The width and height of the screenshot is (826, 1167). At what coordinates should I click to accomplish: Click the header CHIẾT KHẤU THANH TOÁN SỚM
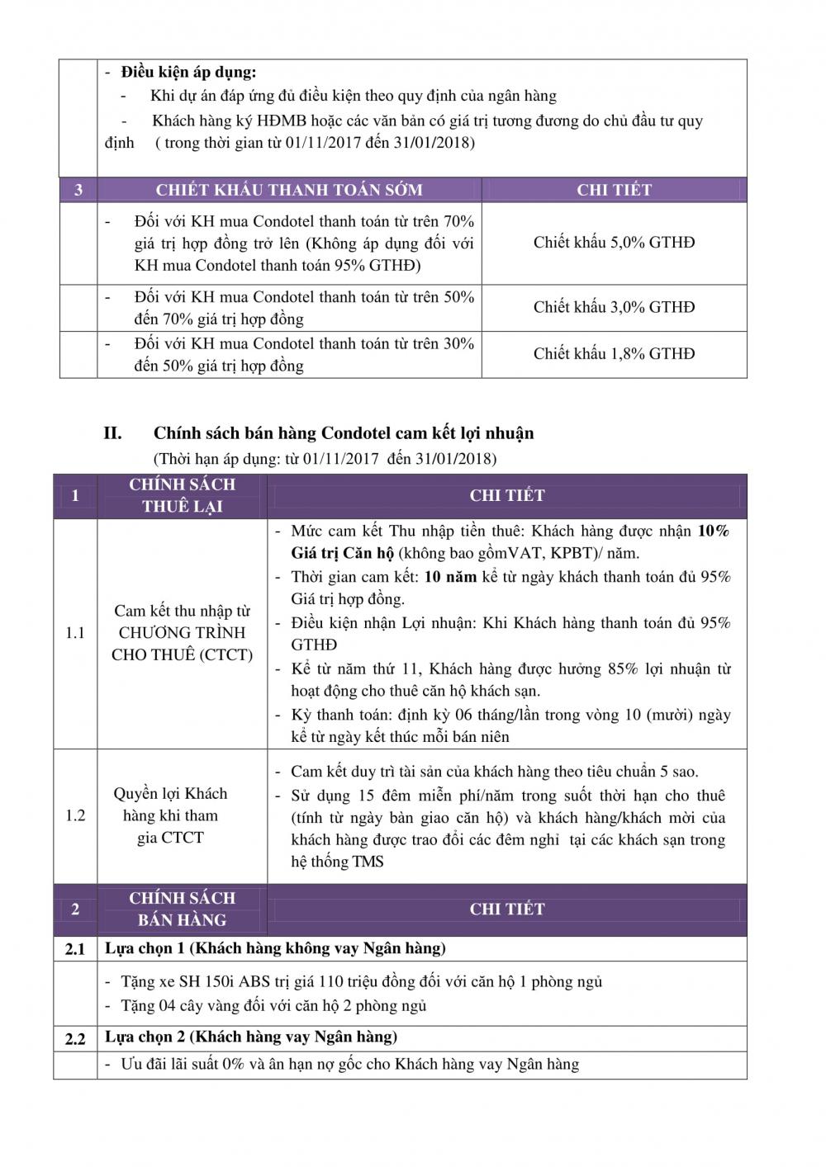(289, 190)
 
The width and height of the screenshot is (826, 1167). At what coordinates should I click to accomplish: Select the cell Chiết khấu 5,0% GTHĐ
(614, 243)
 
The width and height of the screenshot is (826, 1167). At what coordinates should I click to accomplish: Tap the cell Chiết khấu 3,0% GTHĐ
(614, 307)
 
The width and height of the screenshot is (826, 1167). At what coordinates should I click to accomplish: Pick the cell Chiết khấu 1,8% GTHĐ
(614, 354)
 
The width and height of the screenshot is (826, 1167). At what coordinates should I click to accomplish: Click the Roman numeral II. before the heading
(112, 433)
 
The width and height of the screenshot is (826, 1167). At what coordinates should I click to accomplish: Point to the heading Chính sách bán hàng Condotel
(344, 433)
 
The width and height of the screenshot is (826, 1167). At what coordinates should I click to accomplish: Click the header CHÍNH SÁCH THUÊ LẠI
(182, 495)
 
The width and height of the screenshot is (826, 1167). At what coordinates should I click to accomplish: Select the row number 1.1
(75, 633)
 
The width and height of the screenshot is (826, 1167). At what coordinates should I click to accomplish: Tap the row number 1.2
(75, 815)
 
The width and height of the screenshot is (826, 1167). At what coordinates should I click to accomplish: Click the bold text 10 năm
(450, 577)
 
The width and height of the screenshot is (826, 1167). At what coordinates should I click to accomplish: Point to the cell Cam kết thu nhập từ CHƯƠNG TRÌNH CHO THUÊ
(182, 633)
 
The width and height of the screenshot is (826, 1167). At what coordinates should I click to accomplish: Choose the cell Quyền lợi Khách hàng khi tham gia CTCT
(170, 815)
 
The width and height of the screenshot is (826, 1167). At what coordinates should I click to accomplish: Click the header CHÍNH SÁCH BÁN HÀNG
(182, 909)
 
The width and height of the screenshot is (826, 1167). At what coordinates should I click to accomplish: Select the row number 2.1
(75, 949)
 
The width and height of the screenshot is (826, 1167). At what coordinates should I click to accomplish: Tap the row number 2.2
(75, 1038)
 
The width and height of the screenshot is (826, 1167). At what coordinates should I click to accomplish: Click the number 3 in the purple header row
(78, 190)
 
